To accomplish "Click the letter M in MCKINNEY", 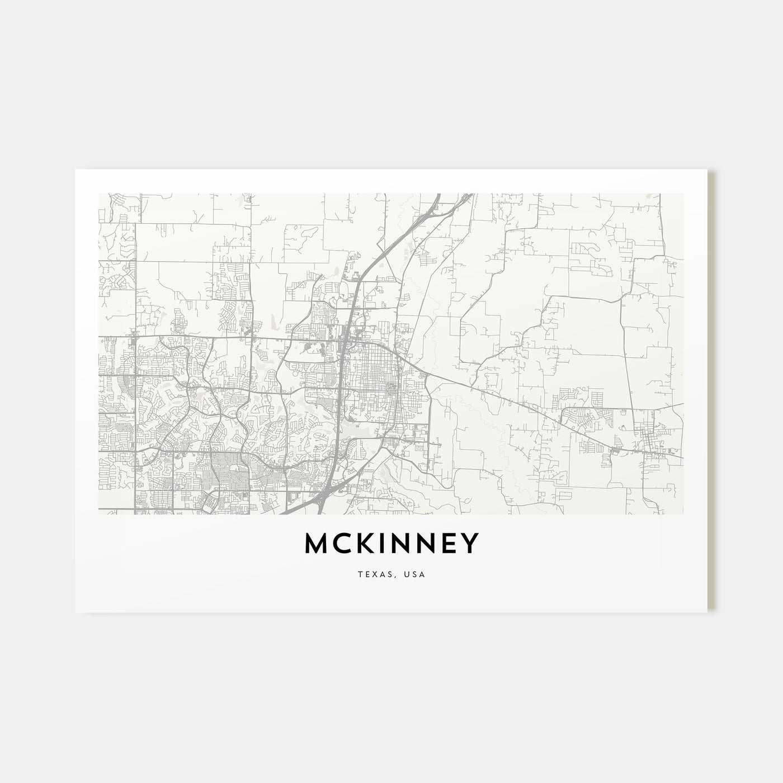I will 317,544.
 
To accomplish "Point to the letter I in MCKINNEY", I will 383,544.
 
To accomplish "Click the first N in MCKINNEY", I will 402,544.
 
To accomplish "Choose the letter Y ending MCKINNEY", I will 470,544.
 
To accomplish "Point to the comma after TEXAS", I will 392,577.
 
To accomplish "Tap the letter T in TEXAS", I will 360,574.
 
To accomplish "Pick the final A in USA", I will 422,574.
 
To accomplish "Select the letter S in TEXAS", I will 386,574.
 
